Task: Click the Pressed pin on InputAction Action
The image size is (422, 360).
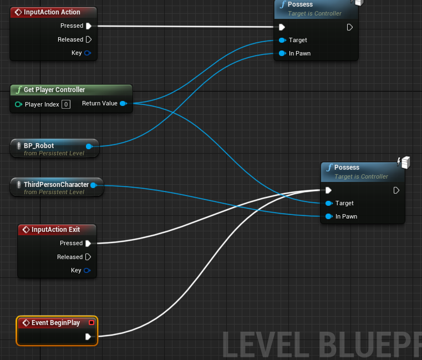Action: (x=89, y=26)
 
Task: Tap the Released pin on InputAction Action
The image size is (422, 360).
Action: (x=89, y=39)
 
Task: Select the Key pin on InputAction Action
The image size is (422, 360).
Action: (x=88, y=53)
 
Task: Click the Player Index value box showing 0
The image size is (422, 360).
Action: (x=66, y=104)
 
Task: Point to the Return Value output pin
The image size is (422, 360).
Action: (x=123, y=103)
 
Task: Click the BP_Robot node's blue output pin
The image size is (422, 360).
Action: (x=89, y=146)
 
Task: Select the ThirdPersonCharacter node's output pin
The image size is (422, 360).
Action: (x=94, y=185)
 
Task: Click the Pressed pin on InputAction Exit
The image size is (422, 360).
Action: (x=88, y=244)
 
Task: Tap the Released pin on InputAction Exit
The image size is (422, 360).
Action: (x=88, y=257)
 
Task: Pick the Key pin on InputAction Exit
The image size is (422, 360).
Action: (x=87, y=270)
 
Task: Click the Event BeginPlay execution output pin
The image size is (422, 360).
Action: (x=88, y=337)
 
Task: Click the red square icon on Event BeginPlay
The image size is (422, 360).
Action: (x=91, y=323)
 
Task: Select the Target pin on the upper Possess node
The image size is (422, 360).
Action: (x=282, y=40)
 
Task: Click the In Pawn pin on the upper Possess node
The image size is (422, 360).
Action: (x=282, y=53)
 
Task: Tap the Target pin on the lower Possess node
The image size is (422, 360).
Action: (x=329, y=203)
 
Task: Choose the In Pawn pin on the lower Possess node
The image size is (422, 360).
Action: (x=329, y=216)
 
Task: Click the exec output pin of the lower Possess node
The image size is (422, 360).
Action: (x=396, y=191)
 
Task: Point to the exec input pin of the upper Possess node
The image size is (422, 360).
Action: (x=282, y=27)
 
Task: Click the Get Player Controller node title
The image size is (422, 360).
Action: (x=54, y=90)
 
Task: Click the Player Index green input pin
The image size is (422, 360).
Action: (x=18, y=104)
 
